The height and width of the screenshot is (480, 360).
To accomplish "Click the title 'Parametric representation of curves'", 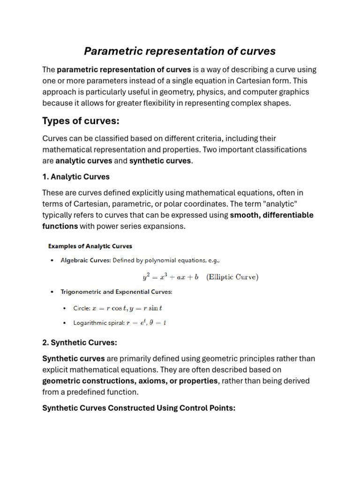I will pyautogui.click(x=180, y=51).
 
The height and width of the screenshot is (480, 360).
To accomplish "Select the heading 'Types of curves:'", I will pyautogui.click(x=81, y=121).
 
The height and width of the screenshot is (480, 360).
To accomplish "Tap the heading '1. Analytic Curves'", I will pyautogui.click(x=76, y=177).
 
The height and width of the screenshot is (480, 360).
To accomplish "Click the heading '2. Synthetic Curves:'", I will pyautogui.click(x=80, y=343).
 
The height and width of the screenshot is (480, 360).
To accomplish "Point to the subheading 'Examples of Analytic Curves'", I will pyautogui.click(x=90, y=246).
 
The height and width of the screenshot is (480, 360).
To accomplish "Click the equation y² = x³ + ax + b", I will pyautogui.click(x=171, y=277).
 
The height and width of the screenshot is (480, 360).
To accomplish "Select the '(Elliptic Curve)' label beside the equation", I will pyautogui.click(x=232, y=277).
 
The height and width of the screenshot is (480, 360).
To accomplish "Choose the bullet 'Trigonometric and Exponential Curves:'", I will pyautogui.click(x=116, y=292).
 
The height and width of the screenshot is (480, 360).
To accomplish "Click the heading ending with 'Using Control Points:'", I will pyautogui.click(x=139, y=408).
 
